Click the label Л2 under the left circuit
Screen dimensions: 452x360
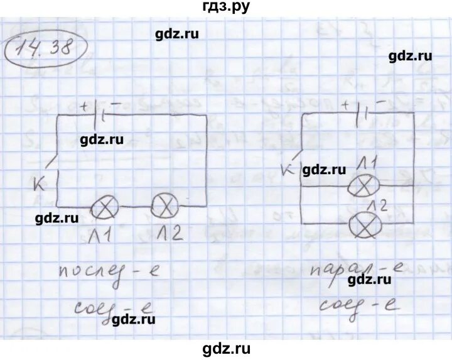pyautogui.click(x=167, y=234)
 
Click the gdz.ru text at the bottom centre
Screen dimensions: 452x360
pyautogui.click(x=226, y=347)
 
